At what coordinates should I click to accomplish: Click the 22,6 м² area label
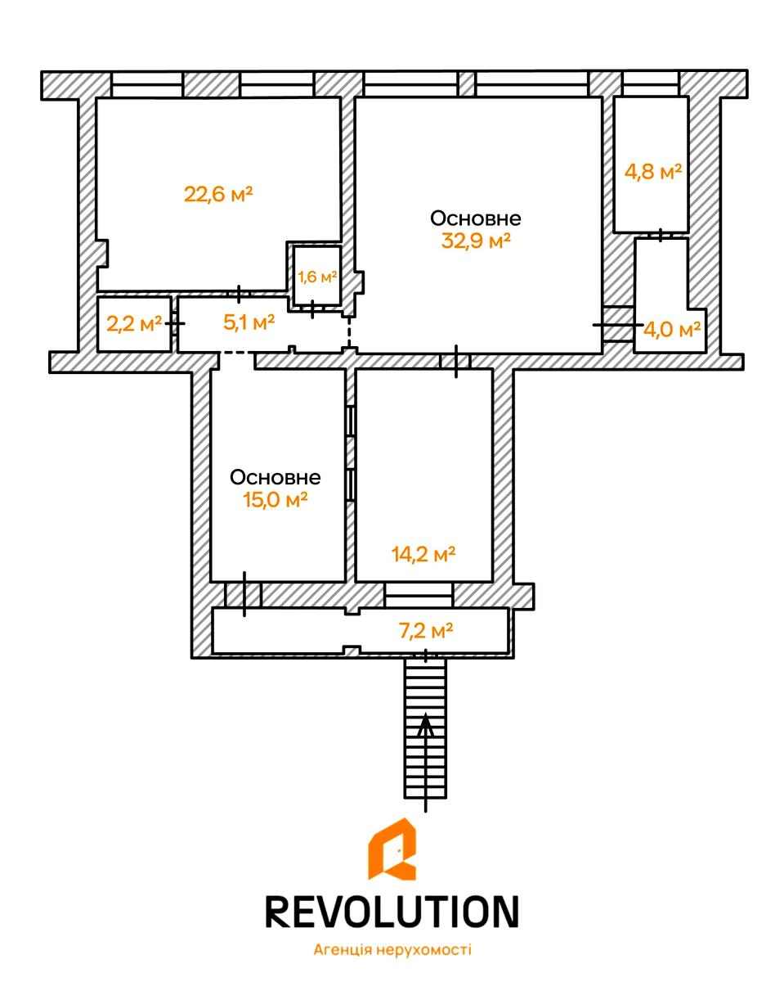click(218, 194)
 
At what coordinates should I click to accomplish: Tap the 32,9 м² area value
click(476, 240)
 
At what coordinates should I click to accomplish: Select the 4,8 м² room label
click(652, 172)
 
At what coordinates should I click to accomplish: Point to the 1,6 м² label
click(317, 276)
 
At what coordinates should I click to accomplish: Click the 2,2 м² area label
click(134, 323)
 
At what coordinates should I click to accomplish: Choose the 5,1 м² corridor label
click(249, 322)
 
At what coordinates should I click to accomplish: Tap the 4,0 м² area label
click(671, 330)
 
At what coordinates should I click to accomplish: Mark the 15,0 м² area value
click(276, 500)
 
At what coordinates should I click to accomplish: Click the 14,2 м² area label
click(423, 555)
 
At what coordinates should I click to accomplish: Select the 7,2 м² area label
click(426, 631)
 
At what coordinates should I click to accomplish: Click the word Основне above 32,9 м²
click(476, 218)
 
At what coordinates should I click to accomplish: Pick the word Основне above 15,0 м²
click(276, 477)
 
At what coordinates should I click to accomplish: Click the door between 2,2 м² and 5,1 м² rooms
click(175, 323)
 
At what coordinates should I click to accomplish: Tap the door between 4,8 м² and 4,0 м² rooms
click(661, 235)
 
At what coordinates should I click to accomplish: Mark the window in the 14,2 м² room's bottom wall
click(419, 595)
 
